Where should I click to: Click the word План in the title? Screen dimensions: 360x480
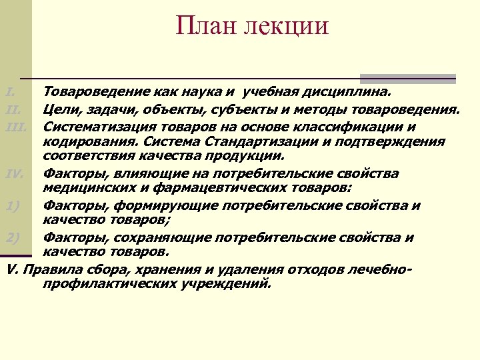pyautogui.click(x=201, y=27)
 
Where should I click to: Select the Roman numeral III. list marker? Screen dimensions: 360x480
pyautogui.click(x=15, y=125)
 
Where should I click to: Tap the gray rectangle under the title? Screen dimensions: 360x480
pyautogui.click(x=408, y=78)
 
